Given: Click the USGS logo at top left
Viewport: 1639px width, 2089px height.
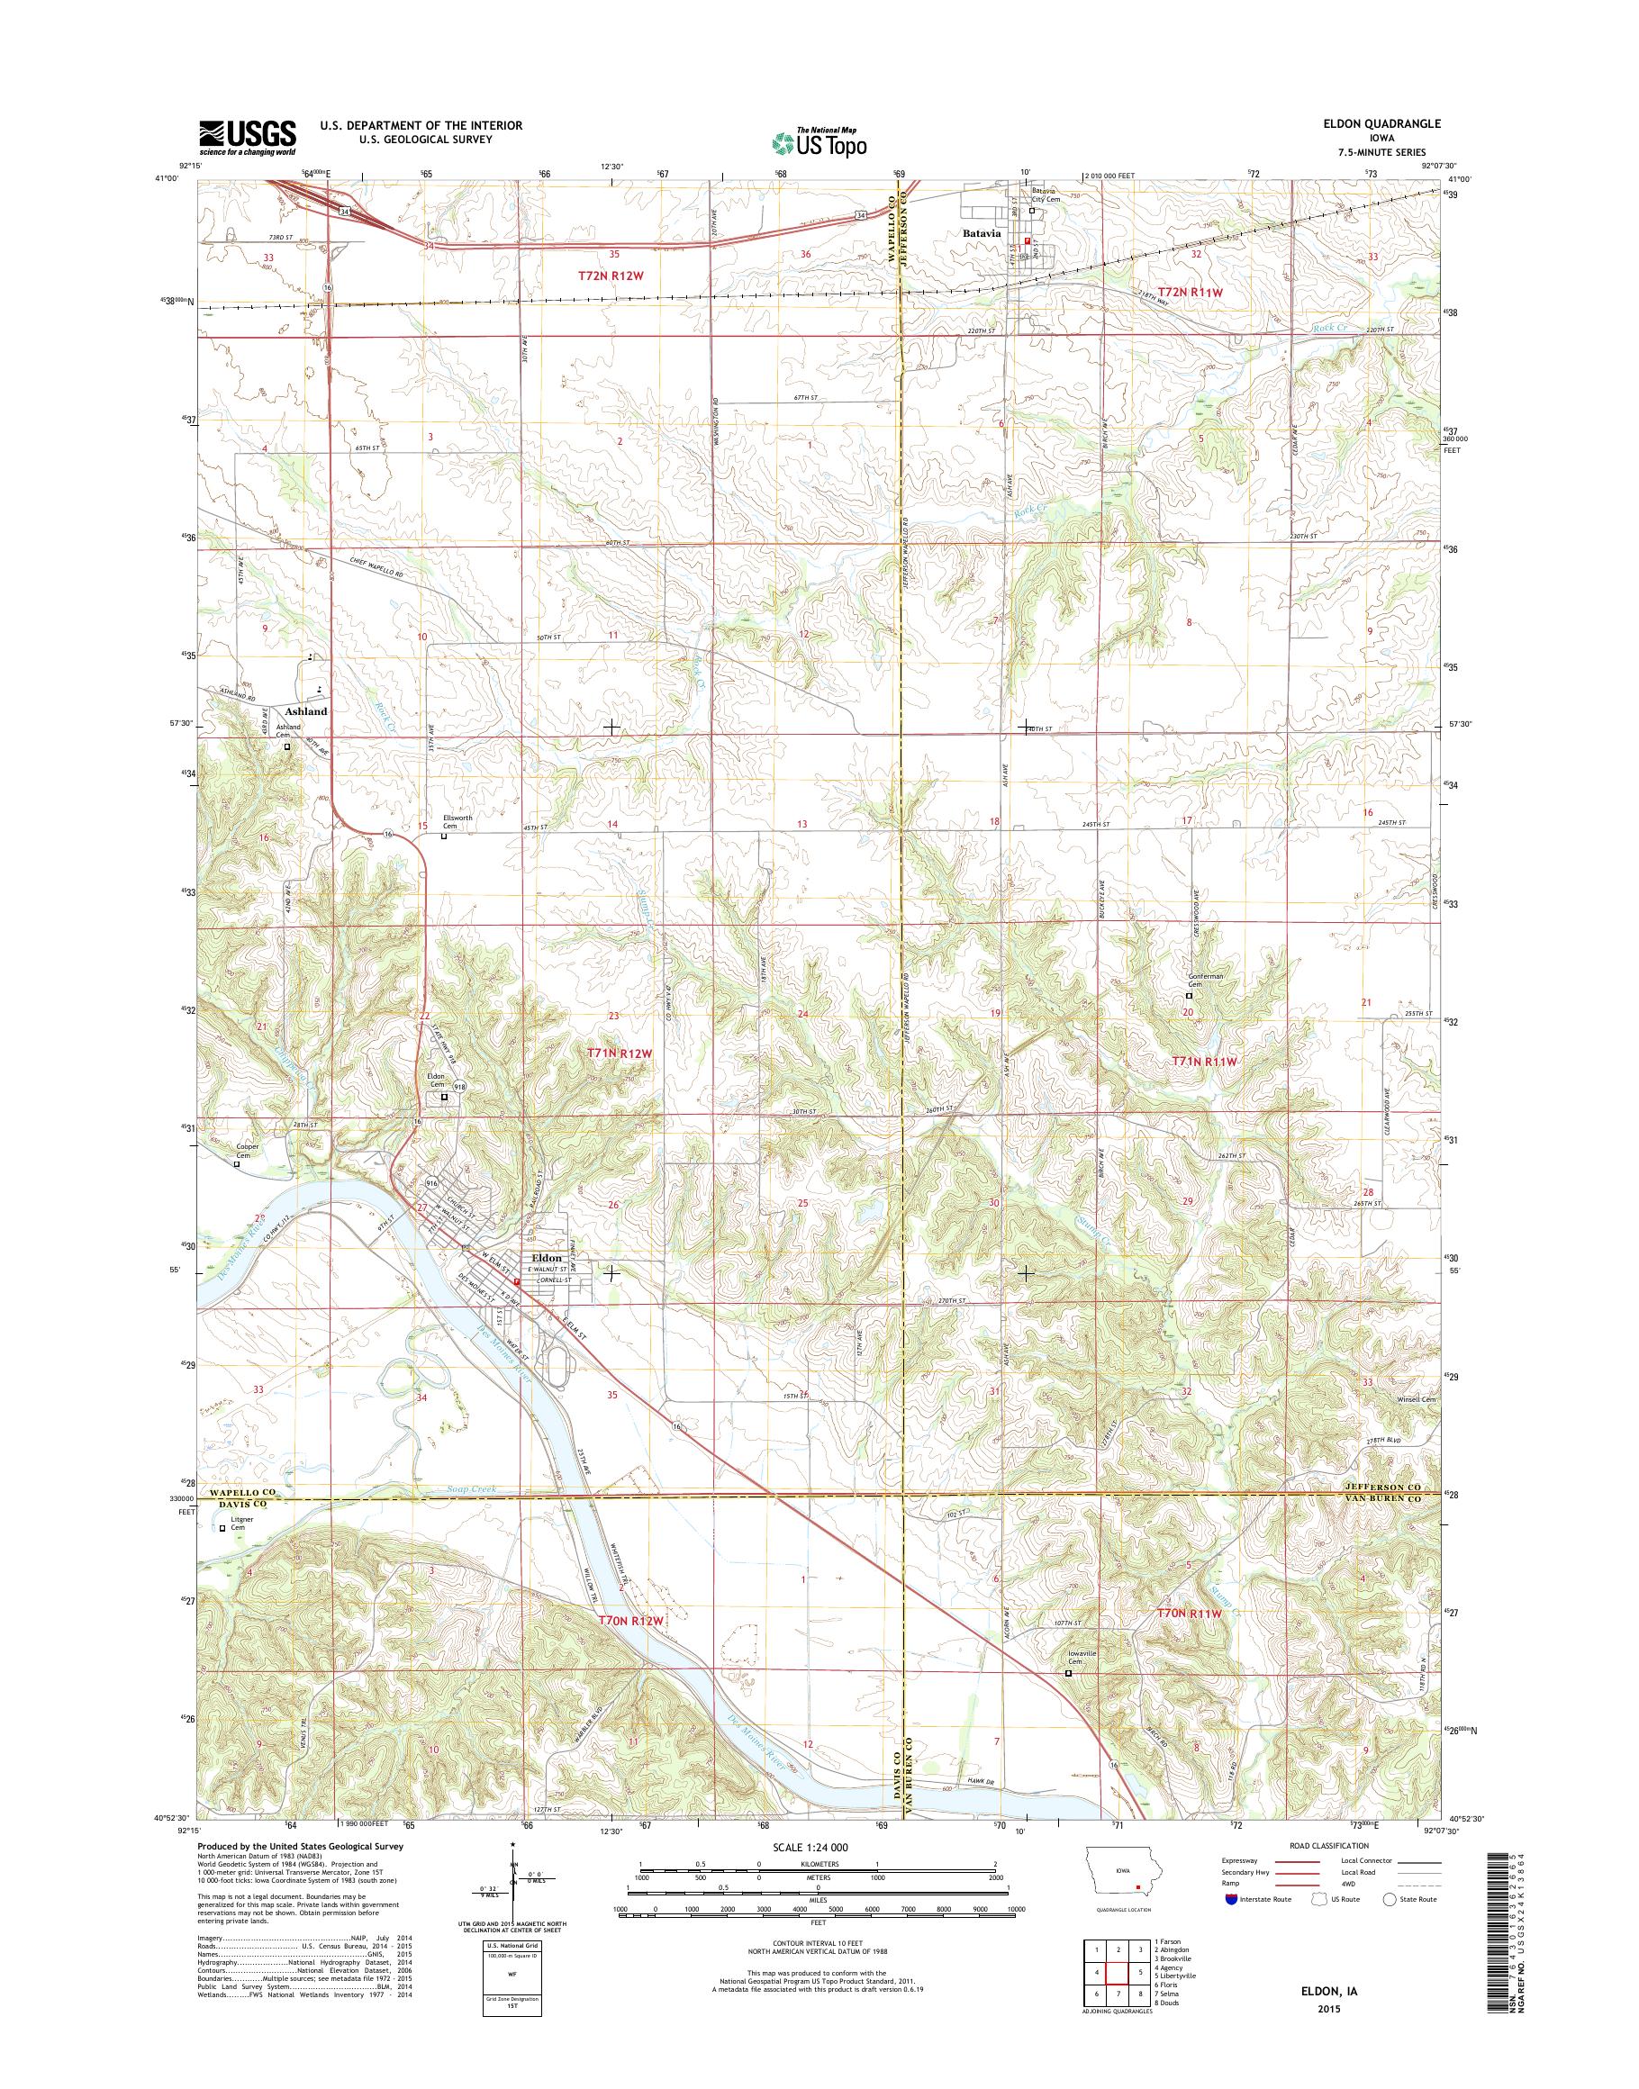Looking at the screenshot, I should [248, 137].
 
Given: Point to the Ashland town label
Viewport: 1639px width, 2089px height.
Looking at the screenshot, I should [306, 711].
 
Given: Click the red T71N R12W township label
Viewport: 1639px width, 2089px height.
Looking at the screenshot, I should [620, 1053].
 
